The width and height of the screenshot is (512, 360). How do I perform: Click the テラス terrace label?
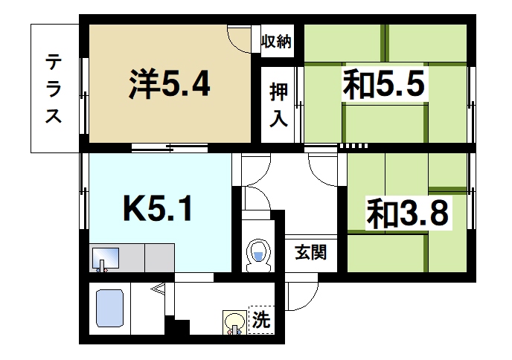click(53, 89)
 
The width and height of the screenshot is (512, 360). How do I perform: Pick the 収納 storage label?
click(277, 42)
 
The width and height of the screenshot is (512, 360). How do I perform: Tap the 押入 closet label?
click(278, 106)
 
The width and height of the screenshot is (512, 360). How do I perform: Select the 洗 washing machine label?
click(260, 321)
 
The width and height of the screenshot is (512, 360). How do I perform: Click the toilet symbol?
click(257, 254)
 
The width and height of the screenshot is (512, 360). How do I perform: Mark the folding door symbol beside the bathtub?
click(159, 291)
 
